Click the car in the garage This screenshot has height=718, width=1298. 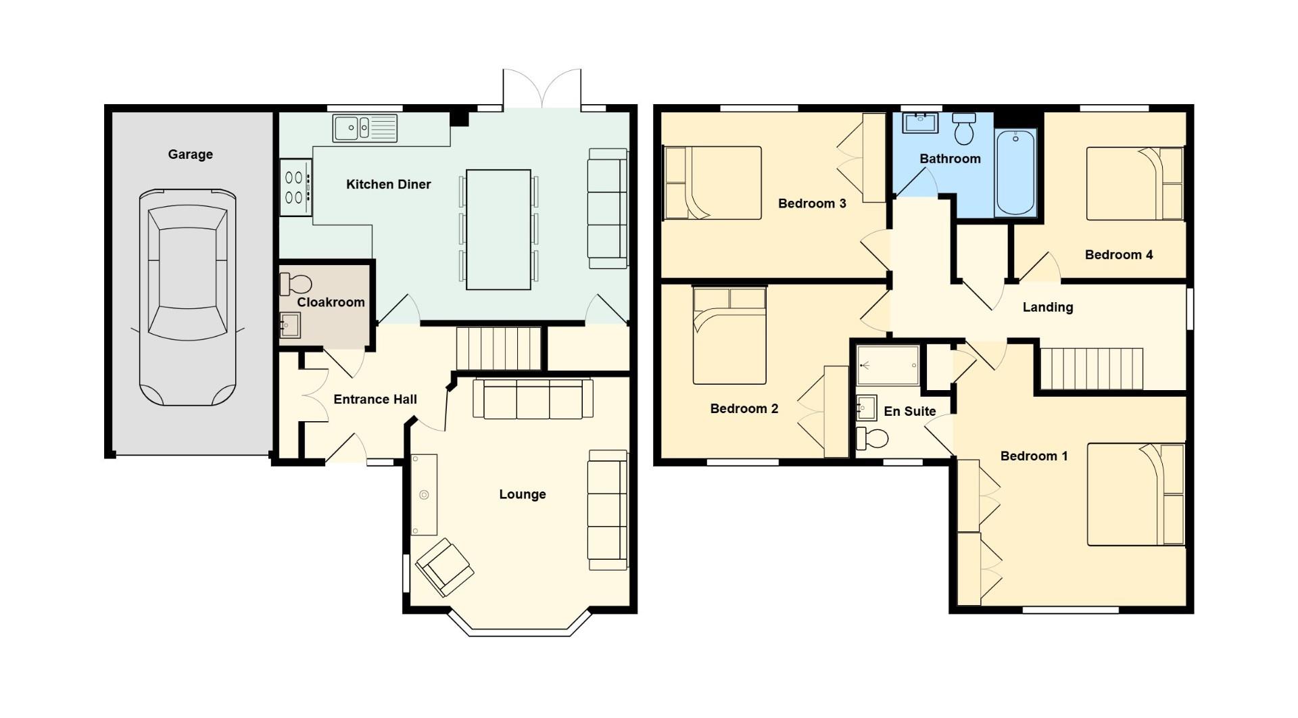pyautogui.click(x=187, y=297)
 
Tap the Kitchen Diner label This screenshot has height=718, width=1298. pyautogui.click(x=388, y=185)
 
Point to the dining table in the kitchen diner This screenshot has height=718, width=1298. pyautogui.click(x=498, y=230)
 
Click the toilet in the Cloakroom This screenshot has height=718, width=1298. pyautogui.click(x=295, y=284)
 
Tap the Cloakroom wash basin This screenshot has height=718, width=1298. pyautogui.click(x=289, y=325)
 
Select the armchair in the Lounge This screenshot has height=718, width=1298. pyautogui.click(x=444, y=567)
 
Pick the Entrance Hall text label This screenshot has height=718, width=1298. pyautogui.click(x=375, y=400)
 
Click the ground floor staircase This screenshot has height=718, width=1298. pyautogui.click(x=498, y=348)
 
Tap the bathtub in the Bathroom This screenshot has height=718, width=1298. pyautogui.click(x=1015, y=172)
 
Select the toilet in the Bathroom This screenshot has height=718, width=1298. pyautogui.click(x=964, y=128)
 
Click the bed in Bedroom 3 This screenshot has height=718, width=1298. pyautogui.click(x=713, y=183)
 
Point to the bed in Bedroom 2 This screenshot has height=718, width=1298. pyautogui.click(x=729, y=335)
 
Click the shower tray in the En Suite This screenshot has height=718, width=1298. pyautogui.click(x=888, y=366)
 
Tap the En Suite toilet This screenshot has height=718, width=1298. pyautogui.click(x=872, y=438)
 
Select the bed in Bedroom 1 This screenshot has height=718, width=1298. pyautogui.click(x=1136, y=494)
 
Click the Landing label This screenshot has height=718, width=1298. pyautogui.click(x=1047, y=308)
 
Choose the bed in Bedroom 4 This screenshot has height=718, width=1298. pyautogui.click(x=1134, y=184)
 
